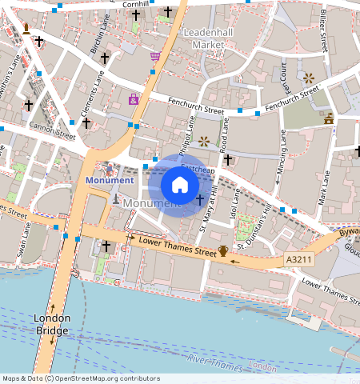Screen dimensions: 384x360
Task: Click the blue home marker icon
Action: point(180,186)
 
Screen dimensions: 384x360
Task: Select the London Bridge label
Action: point(52,324)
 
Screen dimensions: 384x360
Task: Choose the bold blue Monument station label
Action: point(110,181)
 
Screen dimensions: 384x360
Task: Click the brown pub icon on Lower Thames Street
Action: point(223,250)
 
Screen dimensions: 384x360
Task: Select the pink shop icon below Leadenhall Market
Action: point(154,56)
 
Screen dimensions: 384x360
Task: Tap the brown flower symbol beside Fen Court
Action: point(309,78)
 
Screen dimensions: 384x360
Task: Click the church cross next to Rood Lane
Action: point(228,160)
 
